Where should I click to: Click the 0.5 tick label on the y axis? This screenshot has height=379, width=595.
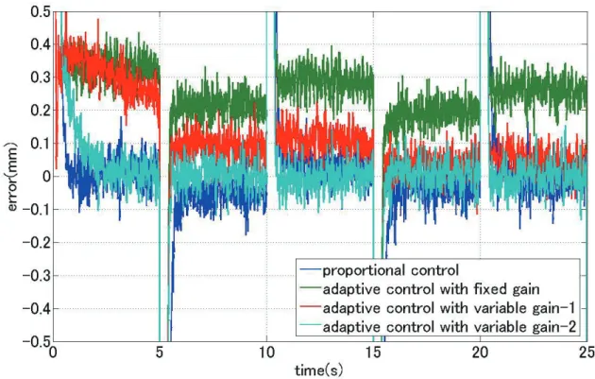tap(40, 11)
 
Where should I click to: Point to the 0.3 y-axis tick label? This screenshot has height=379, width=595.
tap(40, 78)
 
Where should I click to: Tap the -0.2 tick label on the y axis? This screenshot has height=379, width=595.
tap(36, 242)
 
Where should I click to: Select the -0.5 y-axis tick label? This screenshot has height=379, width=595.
tap(36, 341)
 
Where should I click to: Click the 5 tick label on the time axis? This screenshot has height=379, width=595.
tap(160, 353)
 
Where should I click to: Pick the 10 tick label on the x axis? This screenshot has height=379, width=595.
tap(266, 353)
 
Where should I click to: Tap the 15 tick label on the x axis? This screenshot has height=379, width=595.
tap(373, 353)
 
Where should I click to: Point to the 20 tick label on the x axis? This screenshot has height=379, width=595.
tap(481, 353)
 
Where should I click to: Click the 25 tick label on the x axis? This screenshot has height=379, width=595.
tap(586, 353)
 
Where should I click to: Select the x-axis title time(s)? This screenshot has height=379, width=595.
tap(319, 370)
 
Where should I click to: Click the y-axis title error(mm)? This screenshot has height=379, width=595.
tap(12, 177)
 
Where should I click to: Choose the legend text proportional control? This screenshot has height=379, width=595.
tap(391, 270)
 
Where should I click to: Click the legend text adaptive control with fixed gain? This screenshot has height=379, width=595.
tap(431, 289)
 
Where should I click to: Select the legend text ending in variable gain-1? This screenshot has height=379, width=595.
tap(450, 308)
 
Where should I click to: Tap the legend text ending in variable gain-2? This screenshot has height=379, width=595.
tap(450, 327)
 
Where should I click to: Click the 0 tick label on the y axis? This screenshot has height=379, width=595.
tap(46, 176)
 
